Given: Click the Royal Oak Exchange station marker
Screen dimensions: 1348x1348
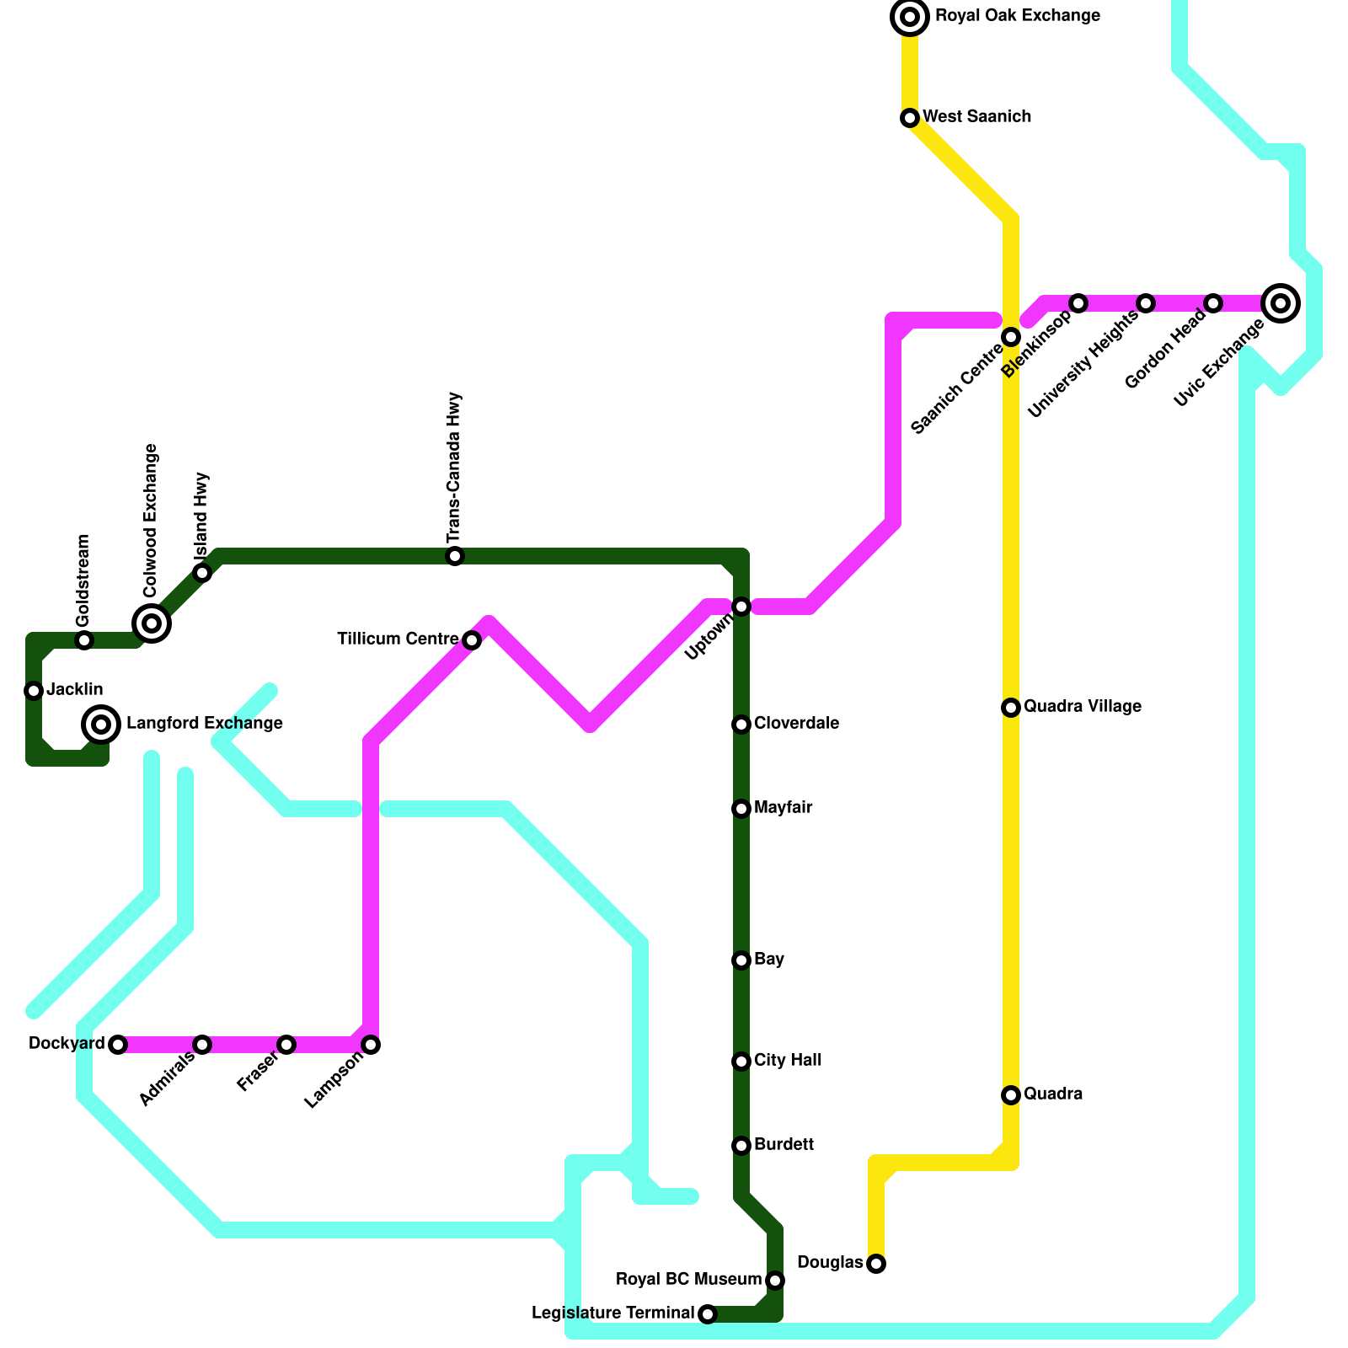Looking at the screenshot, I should [x=910, y=17].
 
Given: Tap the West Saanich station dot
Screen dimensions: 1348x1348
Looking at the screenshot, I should [x=910, y=118].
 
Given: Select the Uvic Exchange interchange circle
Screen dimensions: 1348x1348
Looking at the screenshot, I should [x=1281, y=302].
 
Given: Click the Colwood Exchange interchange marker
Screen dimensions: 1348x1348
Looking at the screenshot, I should [x=152, y=623].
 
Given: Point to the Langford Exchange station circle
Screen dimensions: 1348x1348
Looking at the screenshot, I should [x=101, y=724].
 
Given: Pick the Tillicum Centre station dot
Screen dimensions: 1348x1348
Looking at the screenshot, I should [x=472, y=640].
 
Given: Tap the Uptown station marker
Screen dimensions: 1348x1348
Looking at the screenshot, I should [x=741, y=607].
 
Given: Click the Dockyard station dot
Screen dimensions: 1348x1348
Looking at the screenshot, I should [x=118, y=1045].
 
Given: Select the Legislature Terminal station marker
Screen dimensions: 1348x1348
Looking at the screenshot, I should [x=708, y=1314].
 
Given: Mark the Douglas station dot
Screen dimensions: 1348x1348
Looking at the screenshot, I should [x=876, y=1264].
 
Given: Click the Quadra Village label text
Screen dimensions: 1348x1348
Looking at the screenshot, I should [x=1083, y=706].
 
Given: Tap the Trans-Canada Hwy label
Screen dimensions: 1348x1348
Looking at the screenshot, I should [x=455, y=468].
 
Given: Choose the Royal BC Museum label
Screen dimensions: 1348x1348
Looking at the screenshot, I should [x=688, y=1280].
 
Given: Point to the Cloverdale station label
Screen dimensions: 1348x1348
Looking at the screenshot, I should [x=796, y=723].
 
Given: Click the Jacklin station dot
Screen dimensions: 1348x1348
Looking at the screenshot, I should [x=34, y=691].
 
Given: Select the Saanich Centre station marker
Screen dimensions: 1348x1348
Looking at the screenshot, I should [x=1011, y=337].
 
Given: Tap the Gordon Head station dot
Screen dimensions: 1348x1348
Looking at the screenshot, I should [x=1213, y=303].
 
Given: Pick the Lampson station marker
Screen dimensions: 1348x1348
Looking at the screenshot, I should [x=371, y=1045].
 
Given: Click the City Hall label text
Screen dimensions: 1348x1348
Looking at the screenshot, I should [x=788, y=1060].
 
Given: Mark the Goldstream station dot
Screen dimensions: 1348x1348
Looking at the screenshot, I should [x=84, y=640].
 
